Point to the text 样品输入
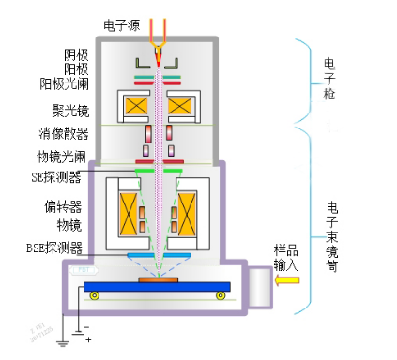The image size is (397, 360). pyautogui.click(x=285, y=259)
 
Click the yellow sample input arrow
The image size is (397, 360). pyautogui.click(x=285, y=278)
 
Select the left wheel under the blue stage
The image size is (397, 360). pyautogui.click(x=94, y=296)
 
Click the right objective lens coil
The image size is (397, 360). pyautogui.click(x=188, y=214)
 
